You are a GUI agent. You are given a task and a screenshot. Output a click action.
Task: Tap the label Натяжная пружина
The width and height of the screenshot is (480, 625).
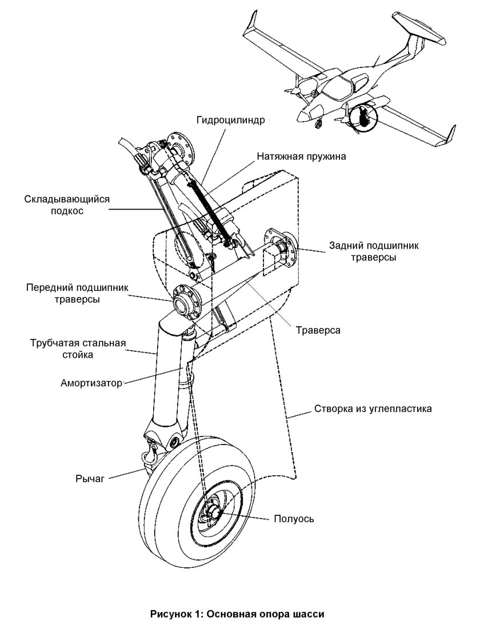(x=301, y=155)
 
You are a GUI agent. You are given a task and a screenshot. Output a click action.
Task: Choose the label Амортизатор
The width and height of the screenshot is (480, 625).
(x=91, y=383)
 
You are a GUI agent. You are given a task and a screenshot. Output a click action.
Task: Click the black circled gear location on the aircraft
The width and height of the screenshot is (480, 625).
(x=363, y=117)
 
